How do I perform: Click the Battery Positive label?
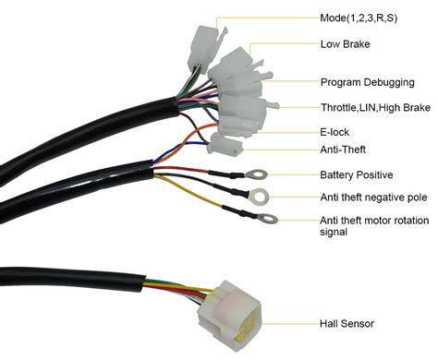pyautogui.click(x=355, y=174)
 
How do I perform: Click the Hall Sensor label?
pyautogui.click(x=346, y=323)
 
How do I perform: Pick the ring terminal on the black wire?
pyautogui.click(x=262, y=196)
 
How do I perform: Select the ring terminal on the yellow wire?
pyautogui.click(x=268, y=219)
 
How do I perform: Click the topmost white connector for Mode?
pyautogui.click(x=200, y=47)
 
